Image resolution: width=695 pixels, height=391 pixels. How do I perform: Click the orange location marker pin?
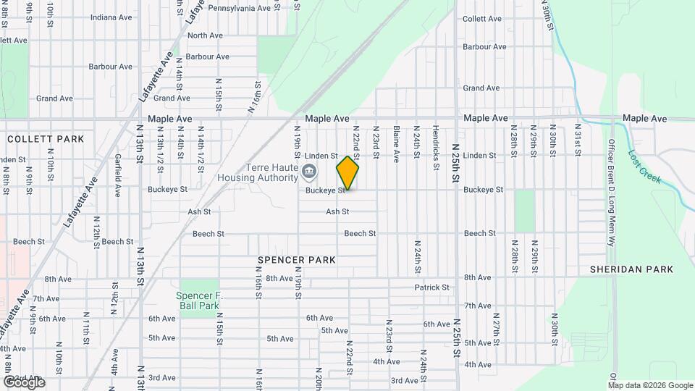pos(347,173)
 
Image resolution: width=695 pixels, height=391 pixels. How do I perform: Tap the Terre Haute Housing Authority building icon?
pos(309,172)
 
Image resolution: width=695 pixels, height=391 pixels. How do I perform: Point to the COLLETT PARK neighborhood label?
pos(46,138)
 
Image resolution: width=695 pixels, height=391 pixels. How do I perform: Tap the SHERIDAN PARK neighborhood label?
pos(631,269)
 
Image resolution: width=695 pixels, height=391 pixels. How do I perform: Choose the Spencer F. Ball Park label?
pos(198,300)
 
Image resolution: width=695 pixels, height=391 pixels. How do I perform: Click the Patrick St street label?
pos(432,287)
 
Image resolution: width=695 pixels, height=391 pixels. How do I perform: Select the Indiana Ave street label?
pos(111,16)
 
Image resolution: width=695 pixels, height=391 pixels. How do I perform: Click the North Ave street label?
pos(205,35)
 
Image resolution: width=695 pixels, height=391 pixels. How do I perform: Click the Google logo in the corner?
pos(24,382)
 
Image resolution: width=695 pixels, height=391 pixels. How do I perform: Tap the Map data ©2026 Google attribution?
pos(649,385)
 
